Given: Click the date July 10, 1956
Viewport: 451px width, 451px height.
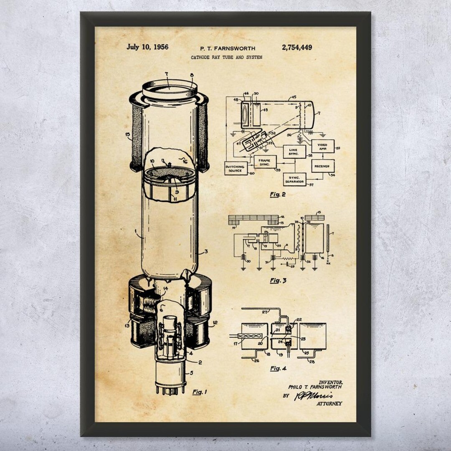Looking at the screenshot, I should coord(147,47).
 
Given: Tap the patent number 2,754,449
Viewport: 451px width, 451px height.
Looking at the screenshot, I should coord(296,48).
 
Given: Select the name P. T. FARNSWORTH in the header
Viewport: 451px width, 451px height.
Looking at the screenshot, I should coord(228,48).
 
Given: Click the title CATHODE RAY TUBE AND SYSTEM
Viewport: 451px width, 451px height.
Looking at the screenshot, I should coord(227,57).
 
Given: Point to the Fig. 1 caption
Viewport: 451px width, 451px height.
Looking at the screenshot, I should coord(200,392).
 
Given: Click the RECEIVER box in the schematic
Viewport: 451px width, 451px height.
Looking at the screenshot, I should coord(322,166).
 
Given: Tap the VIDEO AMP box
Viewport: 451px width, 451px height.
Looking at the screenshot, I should coord(323,147).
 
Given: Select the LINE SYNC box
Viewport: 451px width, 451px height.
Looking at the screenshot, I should coord(294,152).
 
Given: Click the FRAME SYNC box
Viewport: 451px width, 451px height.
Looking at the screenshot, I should coord(265,162).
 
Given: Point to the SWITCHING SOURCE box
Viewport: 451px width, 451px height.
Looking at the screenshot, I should coord(236,168).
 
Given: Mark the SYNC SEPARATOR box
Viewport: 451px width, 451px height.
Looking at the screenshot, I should coord(294,180).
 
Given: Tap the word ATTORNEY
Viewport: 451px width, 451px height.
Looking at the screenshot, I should coord(329,403).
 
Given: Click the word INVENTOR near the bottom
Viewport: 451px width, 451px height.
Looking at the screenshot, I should coord(331,382).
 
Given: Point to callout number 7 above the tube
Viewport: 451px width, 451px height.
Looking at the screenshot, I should coord(166,74).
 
